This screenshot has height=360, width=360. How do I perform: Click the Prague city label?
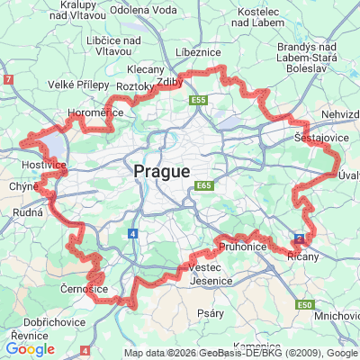[x=162, y=171]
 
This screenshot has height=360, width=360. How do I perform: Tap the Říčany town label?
[x=301, y=256]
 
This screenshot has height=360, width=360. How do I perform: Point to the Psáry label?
[x=211, y=313]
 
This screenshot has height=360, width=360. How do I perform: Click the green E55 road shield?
[x=198, y=100]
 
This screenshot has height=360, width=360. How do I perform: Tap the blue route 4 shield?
[x=132, y=233]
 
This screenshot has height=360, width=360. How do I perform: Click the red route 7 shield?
[x=8, y=80]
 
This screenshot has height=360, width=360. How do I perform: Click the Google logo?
[x=30, y=349]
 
